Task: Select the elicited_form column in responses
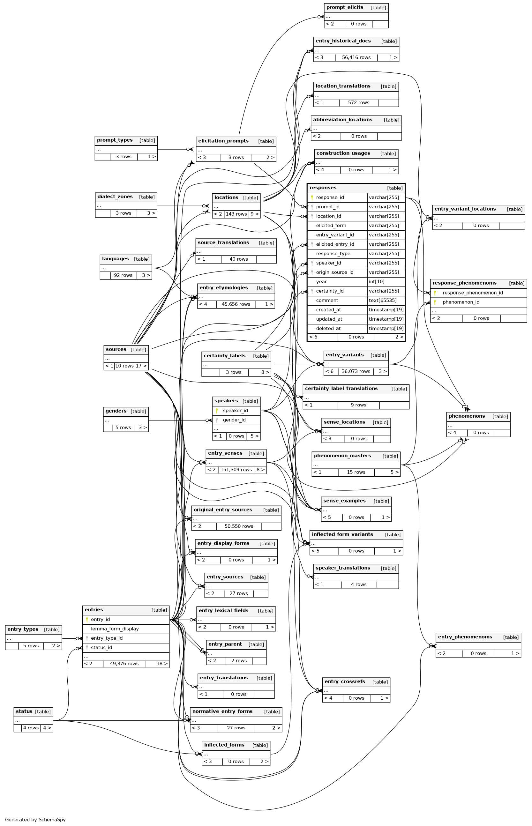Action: (331, 226)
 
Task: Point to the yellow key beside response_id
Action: (312, 197)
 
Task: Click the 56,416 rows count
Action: (356, 58)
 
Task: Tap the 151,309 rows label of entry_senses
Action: (236, 470)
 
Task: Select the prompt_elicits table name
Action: (344, 7)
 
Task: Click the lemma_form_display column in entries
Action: (115, 629)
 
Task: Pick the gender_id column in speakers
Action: (234, 420)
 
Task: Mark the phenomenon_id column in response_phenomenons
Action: (461, 302)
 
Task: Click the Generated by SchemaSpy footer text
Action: (35, 819)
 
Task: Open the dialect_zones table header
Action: (115, 197)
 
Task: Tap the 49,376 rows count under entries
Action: (124, 664)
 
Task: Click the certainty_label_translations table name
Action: (341, 389)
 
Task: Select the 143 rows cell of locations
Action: (236, 214)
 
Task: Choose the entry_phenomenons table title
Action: (465, 637)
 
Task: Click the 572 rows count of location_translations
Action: (358, 102)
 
